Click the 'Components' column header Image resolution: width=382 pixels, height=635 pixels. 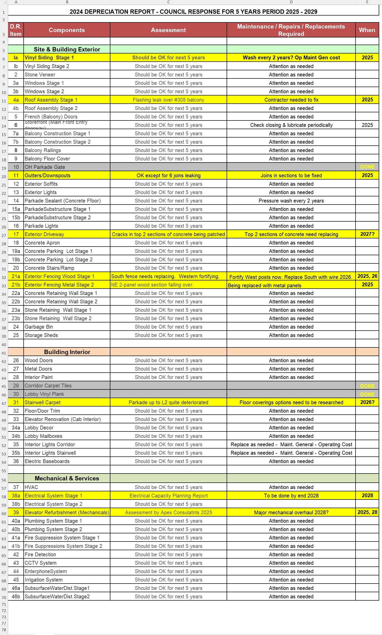pyautogui.click(x=67, y=30)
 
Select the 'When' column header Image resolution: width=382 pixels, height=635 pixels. pyautogui.click(x=367, y=30)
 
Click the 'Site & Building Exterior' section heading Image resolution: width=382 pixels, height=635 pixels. pyautogui.click(x=67, y=49)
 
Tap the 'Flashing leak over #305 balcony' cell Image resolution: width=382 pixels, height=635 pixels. pyautogui.click(x=168, y=100)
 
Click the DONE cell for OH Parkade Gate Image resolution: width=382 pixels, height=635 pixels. pyautogui.click(x=367, y=167)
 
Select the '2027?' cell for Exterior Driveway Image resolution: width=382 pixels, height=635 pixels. pyautogui.click(x=367, y=234)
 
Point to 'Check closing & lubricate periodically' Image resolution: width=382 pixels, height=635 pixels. pyautogui.click(x=291, y=125)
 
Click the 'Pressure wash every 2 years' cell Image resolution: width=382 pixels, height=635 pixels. pyautogui.click(x=291, y=201)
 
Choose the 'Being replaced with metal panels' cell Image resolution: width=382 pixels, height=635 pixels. pyautogui.click(x=265, y=285)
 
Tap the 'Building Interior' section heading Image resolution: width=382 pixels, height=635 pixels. pyautogui.click(x=67, y=352)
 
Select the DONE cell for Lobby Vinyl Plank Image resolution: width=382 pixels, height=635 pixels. pyautogui.click(x=367, y=394)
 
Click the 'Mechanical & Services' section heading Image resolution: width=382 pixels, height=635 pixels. pyautogui.click(x=67, y=478)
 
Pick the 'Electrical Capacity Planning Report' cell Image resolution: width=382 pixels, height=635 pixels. pyautogui.click(x=168, y=496)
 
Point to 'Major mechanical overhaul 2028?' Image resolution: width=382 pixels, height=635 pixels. pyautogui.click(x=291, y=512)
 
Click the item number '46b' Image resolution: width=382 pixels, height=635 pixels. pyautogui.click(x=16, y=596)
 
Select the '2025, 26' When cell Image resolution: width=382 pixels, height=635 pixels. pyautogui.click(x=367, y=276)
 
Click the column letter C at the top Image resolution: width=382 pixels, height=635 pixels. pyautogui.click(x=168, y=2)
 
